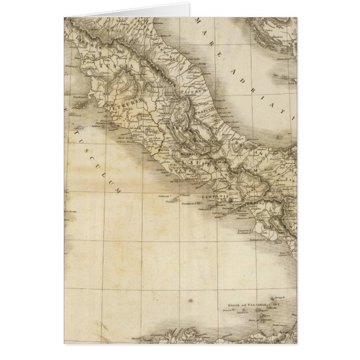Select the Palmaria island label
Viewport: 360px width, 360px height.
(x=163, y=197)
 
